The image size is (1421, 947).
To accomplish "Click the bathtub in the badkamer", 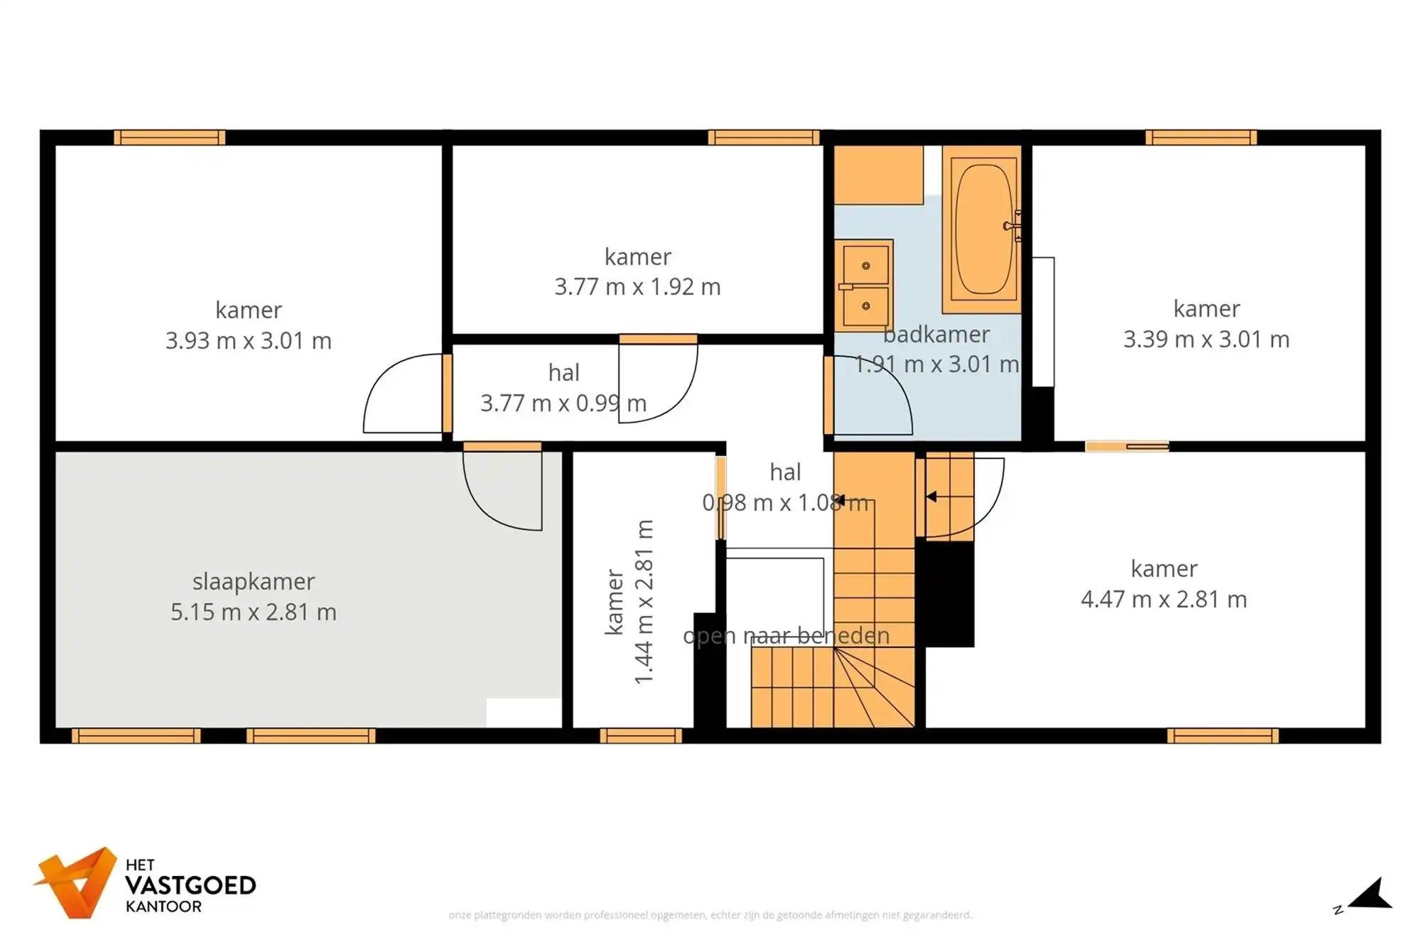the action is click(x=983, y=229).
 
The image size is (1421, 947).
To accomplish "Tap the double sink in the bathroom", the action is click(x=864, y=286).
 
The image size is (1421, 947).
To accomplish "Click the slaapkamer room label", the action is click(x=253, y=582).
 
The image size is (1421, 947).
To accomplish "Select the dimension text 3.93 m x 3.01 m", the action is click(x=249, y=341).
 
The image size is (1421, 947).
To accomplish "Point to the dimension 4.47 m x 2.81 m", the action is click(x=1164, y=600).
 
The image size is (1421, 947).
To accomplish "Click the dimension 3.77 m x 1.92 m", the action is click(x=637, y=287).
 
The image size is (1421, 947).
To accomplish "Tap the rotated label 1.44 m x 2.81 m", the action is click(x=644, y=602).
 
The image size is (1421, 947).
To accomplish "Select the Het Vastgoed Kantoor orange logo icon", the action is click(x=77, y=882).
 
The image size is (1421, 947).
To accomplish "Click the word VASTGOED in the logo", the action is click(x=190, y=886).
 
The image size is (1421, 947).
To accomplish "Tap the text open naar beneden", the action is click(x=786, y=636).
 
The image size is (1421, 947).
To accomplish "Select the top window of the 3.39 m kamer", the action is click(x=1201, y=138).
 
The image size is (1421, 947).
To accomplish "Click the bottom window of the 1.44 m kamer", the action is click(x=641, y=736).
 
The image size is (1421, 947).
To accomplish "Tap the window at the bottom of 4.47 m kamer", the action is click(x=1223, y=736).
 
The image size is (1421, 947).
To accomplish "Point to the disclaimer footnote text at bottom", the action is click(x=710, y=915).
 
